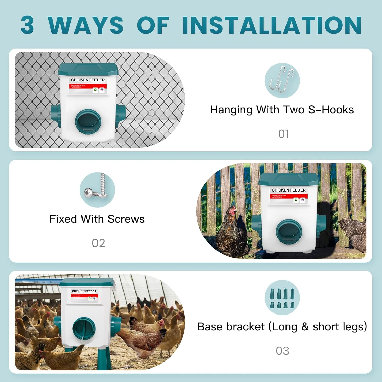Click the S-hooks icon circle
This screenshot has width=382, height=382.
[282, 80]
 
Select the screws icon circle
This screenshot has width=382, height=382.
[97, 190]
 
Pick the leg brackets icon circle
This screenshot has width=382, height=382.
[282, 297]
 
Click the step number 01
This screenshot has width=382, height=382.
[283, 134]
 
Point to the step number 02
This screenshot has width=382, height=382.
[98, 243]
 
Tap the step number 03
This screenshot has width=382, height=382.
[282, 351]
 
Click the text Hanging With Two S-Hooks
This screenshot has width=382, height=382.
[282, 110]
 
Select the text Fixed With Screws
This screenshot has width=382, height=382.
[97, 219]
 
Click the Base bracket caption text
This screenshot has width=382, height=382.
[282, 327]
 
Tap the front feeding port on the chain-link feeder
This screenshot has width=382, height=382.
[88, 121]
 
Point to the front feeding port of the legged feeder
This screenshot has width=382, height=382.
[84, 328]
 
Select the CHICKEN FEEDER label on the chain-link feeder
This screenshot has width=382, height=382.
[88, 80]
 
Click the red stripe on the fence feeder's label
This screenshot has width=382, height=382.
[289, 196]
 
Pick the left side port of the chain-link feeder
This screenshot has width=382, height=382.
[56, 116]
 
